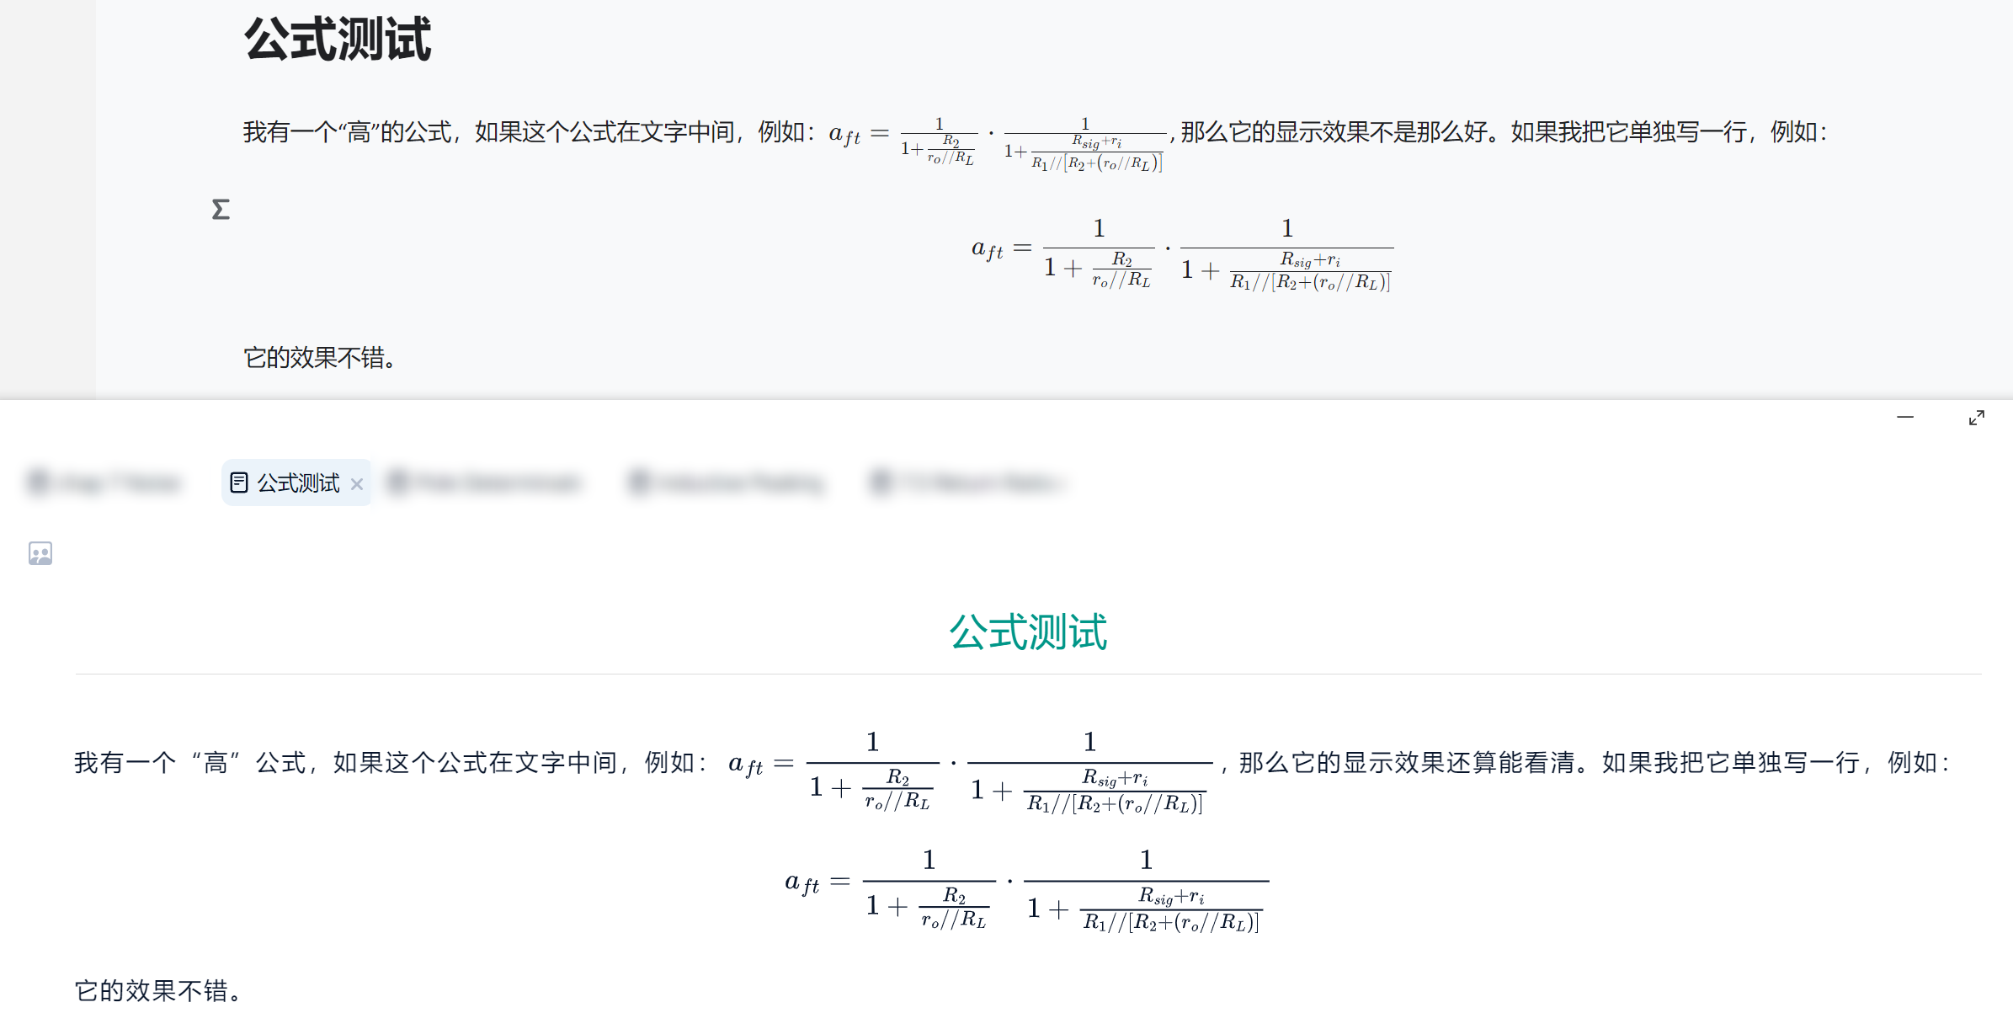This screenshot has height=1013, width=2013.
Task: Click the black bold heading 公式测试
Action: pos(338,40)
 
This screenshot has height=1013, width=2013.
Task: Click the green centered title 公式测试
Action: pos(1028,632)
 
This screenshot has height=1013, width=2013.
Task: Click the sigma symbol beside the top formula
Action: pos(221,209)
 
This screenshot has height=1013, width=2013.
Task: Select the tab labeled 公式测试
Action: pos(298,483)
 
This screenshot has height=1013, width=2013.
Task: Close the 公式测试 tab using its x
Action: pos(357,484)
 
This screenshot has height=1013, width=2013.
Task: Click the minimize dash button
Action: pos(1905,417)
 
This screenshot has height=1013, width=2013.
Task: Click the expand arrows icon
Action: pos(1977,418)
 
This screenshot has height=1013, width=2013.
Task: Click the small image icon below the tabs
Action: pos(40,553)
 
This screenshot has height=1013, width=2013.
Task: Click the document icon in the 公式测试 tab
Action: pos(239,483)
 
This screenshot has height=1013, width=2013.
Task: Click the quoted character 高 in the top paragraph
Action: pos(359,132)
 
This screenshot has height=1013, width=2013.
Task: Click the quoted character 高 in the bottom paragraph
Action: pos(216,763)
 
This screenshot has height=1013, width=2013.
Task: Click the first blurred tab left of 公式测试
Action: pos(105,483)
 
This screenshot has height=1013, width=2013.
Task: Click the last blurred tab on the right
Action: pos(968,483)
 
